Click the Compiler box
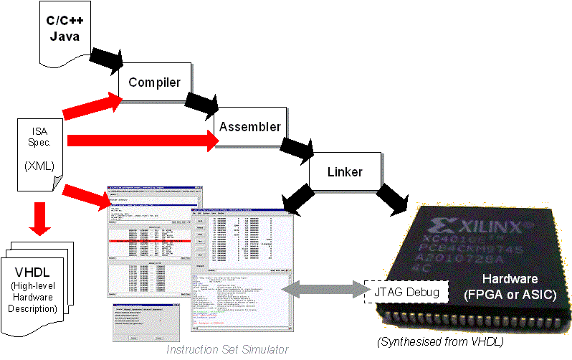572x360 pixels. pyautogui.click(x=154, y=82)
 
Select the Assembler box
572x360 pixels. pyautogui.click(x=249, y=127)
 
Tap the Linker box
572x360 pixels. pyautogui.click(x=345, y=172)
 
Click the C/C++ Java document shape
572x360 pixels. pyautogui.click(x=63, y=32)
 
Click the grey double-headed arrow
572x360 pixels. pyautogui.click(x=323, y=289)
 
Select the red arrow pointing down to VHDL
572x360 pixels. pyautogui.click(x=40, y=219)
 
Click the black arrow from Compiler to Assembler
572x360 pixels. pyautogui.click(x=201, y=104)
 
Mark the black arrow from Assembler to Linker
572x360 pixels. pyautogui.click(x=296, y=148)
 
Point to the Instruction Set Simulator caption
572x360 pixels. pyautogui.click(x=228, y=349)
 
